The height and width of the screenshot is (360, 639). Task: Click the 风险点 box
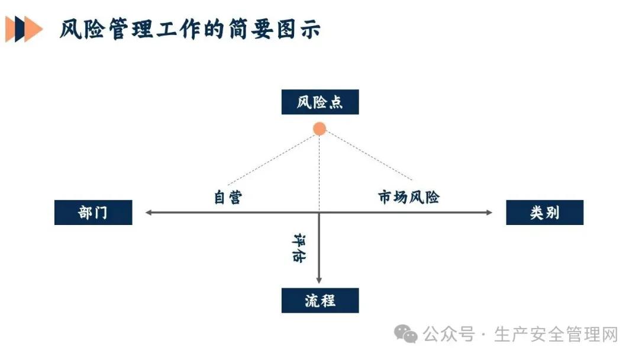(x=319, y=102)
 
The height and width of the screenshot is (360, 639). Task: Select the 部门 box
(x=93, y=213)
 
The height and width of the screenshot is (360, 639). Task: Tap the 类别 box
(x=544, y=213)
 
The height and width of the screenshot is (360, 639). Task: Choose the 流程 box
(x=319, y=300)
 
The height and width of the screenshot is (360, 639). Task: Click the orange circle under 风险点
(x=319, y=128)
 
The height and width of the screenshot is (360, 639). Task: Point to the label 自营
(x=228, y=197)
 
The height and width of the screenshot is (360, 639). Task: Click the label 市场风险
(x=409, y=197)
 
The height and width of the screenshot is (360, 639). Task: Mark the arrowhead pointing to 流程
(x=319, y=279)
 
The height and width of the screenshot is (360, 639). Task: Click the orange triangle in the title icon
(x=33, y=29)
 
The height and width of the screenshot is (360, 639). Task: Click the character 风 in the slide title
(x=71, y=29)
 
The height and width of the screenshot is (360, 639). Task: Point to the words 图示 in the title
(x=302, y=29)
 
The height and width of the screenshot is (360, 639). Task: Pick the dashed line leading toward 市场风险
(x=367, y=155)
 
